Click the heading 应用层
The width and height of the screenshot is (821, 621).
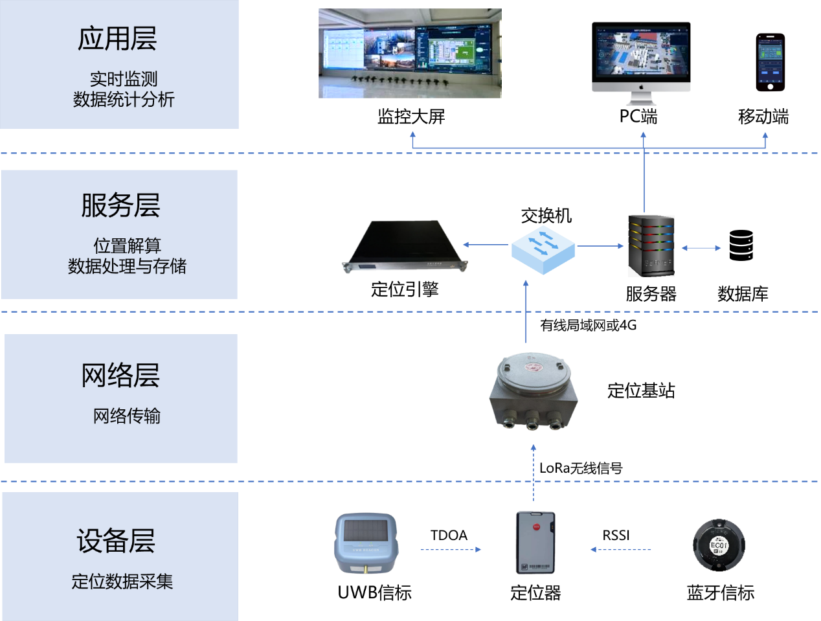(117, 39)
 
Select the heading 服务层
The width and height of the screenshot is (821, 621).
(120, 205)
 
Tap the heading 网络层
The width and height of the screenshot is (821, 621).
(120, 375)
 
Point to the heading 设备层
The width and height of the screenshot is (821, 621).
(116, 541)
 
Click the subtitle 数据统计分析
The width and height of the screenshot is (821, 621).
(124, 100)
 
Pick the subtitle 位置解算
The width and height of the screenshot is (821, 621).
(127, 245)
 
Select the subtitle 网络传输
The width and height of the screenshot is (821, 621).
(127, 416)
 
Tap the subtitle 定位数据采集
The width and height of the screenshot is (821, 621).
(122, 581)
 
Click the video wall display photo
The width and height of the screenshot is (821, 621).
(410, 53)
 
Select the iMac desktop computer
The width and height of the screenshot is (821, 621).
(642, 65)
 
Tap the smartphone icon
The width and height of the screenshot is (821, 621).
(770, 63)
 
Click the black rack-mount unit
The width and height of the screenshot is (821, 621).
(405, 247)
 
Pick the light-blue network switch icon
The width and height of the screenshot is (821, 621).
(543, 249)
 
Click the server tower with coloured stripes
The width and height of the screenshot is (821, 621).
(651, 246)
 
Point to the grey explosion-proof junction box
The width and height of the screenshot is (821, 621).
(533, 392)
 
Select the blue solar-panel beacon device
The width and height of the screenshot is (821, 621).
(366, 543)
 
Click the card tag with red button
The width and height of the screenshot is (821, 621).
(535, 542)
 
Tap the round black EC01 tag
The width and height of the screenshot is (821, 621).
(719, 545)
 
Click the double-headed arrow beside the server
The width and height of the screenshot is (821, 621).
(701, 248)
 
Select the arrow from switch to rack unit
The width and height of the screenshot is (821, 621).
(486, 245)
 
